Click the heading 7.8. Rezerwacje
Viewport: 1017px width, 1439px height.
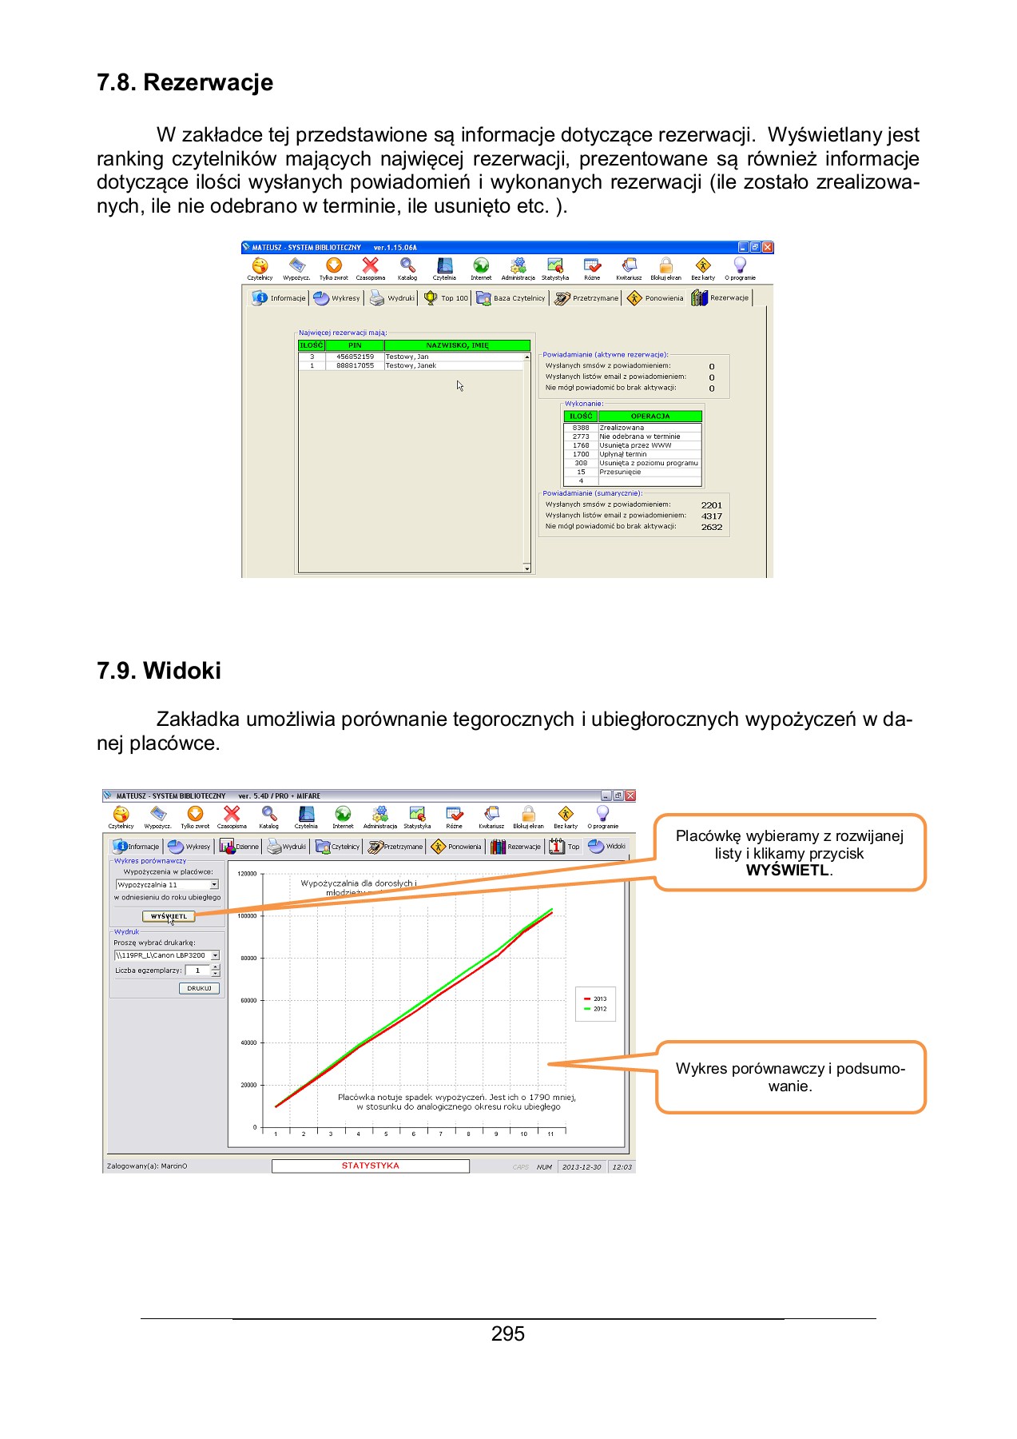[185, 82]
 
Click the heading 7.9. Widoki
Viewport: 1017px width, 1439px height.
[159, 670]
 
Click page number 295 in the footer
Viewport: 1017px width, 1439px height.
[508, 1333]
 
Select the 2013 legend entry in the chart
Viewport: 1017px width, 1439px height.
[596, 999]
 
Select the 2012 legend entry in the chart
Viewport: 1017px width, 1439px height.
[596, 1009]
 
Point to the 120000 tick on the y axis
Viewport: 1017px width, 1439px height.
[248, 874]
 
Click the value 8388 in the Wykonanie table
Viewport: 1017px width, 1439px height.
[581, 428]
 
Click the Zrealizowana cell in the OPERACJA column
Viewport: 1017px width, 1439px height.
[622, 428]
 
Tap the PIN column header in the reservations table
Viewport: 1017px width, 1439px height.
[355, 345]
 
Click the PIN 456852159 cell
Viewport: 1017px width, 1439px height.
[355, 357]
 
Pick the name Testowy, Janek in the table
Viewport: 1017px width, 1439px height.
[411, 365]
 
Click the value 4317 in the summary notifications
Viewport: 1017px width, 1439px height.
[711, 516]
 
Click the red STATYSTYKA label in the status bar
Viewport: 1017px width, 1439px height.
[370, 1166]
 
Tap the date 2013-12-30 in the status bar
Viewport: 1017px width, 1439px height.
[582, 1167]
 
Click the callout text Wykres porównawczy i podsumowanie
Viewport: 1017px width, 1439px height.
[790, 1077]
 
